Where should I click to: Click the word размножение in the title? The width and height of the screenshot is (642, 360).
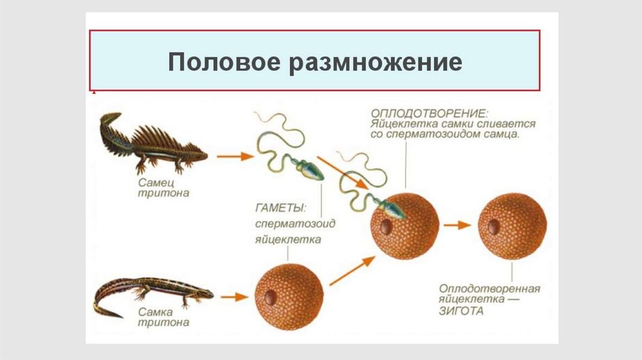point(376,63)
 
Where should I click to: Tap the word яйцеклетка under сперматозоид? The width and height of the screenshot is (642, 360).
point(288,239)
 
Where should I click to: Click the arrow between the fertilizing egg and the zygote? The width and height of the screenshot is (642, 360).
point(456,225)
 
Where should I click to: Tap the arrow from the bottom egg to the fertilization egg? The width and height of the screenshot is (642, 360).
point(351,271)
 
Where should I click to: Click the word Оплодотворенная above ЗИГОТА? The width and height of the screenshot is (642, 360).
point(489,289)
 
